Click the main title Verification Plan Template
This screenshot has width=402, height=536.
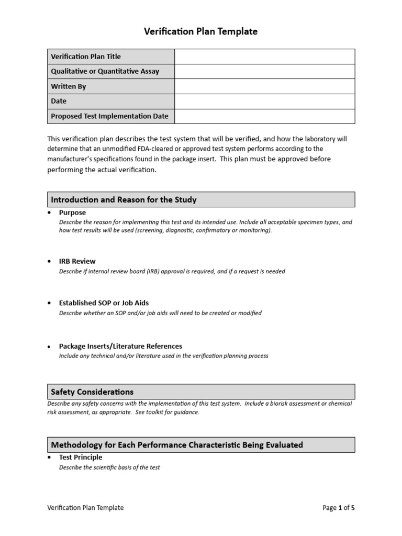point(201,31)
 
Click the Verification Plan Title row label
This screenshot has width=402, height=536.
point(86,57)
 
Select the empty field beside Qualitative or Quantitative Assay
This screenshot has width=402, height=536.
point(264,71)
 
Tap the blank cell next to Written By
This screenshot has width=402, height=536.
point(264,86)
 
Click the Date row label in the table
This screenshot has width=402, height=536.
point(59,101)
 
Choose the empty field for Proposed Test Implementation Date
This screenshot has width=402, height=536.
point(264,116)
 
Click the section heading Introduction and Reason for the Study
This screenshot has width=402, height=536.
point(124,199)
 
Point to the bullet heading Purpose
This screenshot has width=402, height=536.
point(72,213)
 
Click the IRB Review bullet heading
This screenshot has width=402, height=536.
point(77,261)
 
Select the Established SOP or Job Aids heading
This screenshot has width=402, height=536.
point(104,303)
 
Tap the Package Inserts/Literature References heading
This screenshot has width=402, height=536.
point(120,346)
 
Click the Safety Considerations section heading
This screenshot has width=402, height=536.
point(92,392)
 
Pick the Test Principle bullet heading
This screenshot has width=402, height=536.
point(81,457)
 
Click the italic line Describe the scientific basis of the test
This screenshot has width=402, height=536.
point(109,467)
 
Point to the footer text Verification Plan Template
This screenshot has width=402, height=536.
point(85,508)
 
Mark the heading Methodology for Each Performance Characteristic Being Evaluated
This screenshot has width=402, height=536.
point(177,445)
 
